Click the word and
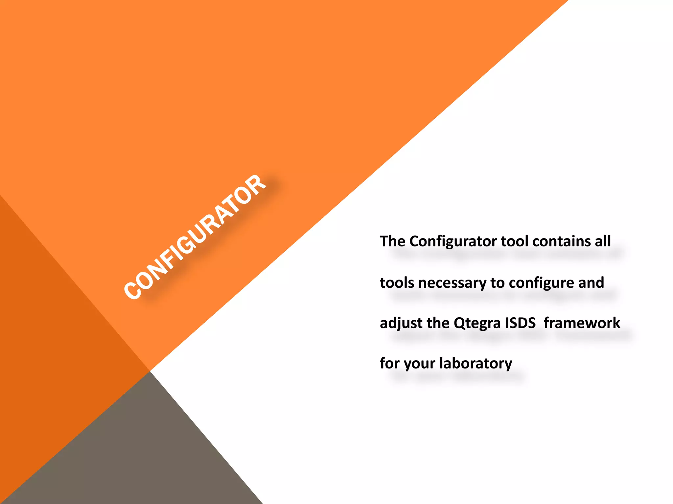point(591,283)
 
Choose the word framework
point(582,323)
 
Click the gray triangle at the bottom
point(138,459)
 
